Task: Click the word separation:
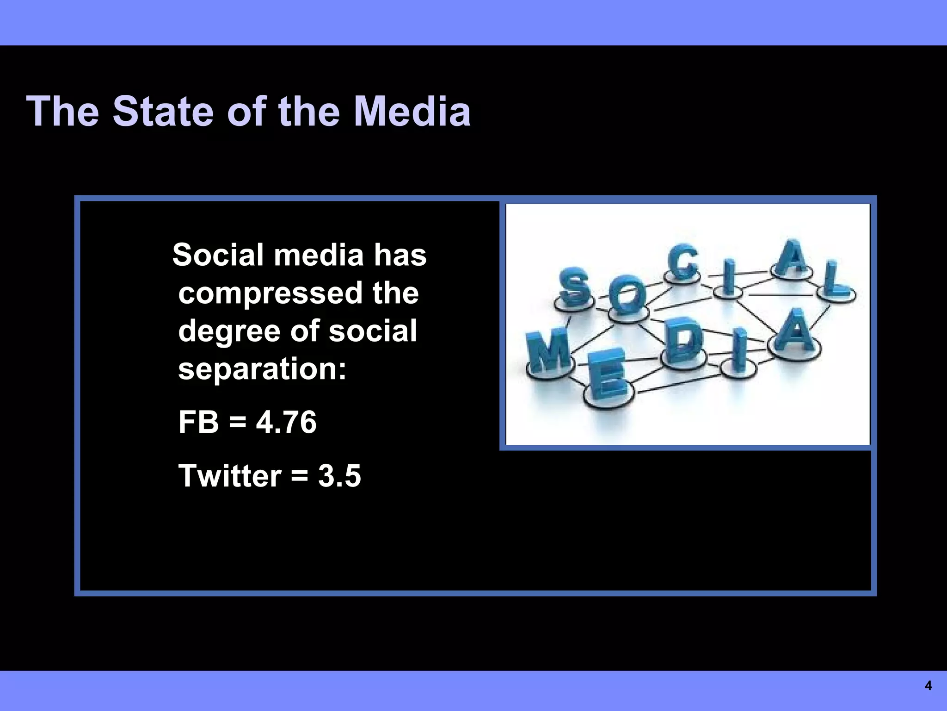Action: point(262,369)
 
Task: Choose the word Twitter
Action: point(230,475)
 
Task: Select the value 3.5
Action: point(339,475)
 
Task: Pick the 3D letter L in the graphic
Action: point(836,281)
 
